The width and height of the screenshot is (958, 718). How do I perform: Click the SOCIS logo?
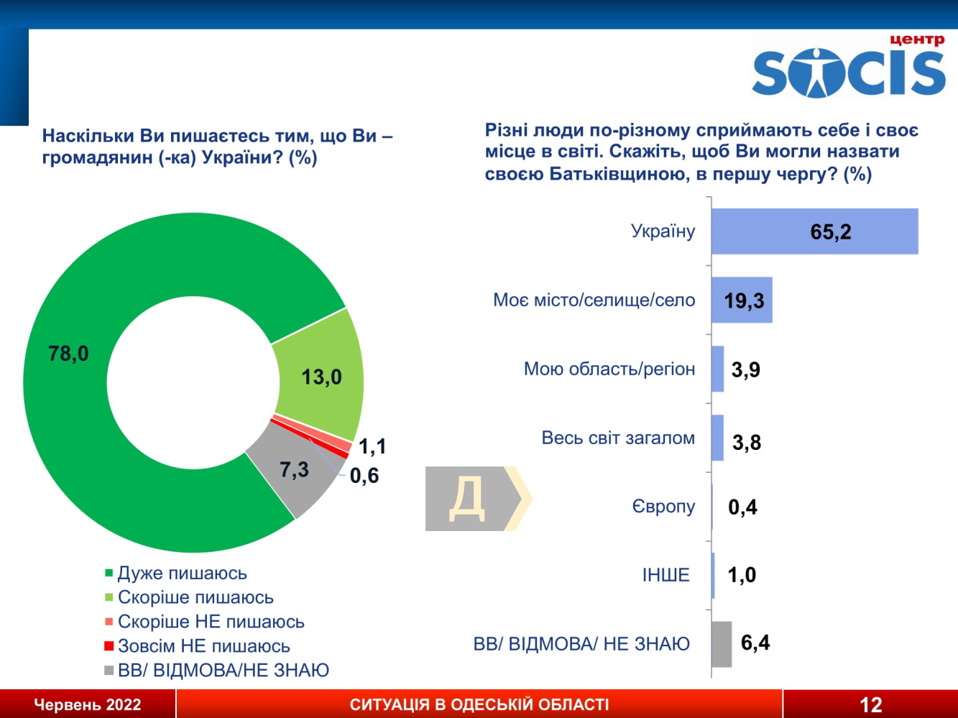[x=849, y=68]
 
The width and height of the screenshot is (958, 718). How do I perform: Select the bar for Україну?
[x=814, y=231]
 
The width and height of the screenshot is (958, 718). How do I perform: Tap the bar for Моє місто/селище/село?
[x=741, y=300]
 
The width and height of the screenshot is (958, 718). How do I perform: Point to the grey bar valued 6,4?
[x=721, y=644]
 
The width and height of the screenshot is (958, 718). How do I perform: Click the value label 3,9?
[x=745, y=369]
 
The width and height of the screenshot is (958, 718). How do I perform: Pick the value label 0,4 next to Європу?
[x=742, y=507]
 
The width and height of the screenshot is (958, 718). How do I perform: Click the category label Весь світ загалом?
[x=618, y=438]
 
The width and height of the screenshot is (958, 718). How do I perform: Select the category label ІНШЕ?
[x=665, y=575]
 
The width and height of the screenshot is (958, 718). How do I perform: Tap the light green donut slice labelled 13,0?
[x=321, y=375]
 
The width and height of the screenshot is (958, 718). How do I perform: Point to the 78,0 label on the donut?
[x=68, y=353]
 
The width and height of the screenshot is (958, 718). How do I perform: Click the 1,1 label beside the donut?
[x=372, y=446]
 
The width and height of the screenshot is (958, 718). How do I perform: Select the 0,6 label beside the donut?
[x=364, y=475]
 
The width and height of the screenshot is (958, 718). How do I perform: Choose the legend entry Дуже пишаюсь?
[x=182, y=573]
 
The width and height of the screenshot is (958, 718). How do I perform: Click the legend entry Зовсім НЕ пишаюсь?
[x=203, y=645]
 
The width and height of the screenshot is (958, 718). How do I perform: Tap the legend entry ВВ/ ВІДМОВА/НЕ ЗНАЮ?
[x=223, y=670]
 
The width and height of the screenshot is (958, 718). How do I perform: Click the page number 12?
[x=870, y=704]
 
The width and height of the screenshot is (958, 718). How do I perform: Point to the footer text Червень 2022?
[x=88, y=704]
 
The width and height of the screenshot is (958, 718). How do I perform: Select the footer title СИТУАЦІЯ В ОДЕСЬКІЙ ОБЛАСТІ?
[x=479, y=704]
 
